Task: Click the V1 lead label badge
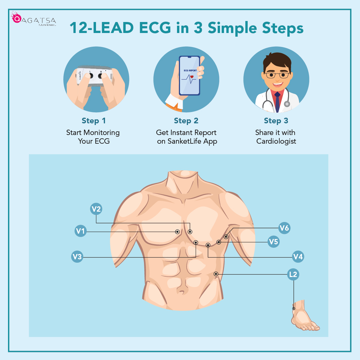(x=80, y=231)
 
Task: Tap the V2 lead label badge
(x=96, y=209)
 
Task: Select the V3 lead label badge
(x=77, y=257)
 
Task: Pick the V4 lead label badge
(x=298, y=257)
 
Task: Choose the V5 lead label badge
(x=273, y=242)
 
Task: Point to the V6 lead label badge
(x=284, y=228)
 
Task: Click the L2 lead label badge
(x=293, y=274)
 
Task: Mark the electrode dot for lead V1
(x=177, y=232)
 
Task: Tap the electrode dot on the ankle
(x=294, y=309)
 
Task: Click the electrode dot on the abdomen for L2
(x=216, y=274)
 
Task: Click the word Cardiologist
(x=276, y=141)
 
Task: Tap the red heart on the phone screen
(x=192, y=77)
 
